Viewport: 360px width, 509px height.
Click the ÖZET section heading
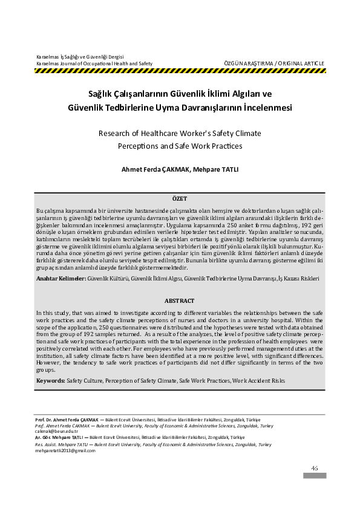tap(180, 198)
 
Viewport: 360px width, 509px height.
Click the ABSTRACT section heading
tap(180, 300)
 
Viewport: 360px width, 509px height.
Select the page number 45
tap(315, 468)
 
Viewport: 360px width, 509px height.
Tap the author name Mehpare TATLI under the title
tap(215, 169)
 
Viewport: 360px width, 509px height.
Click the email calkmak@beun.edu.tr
tap(56, 431)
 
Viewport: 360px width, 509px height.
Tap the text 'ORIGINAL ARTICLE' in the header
tap(303, 63)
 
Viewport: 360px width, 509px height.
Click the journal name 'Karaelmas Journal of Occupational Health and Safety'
tap(94, 63)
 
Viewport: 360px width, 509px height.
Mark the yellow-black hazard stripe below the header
tap(180, 71)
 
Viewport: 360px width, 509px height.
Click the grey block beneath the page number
tap(315, 476)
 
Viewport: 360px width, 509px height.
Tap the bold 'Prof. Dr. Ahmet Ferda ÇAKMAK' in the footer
tap(68, 420)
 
